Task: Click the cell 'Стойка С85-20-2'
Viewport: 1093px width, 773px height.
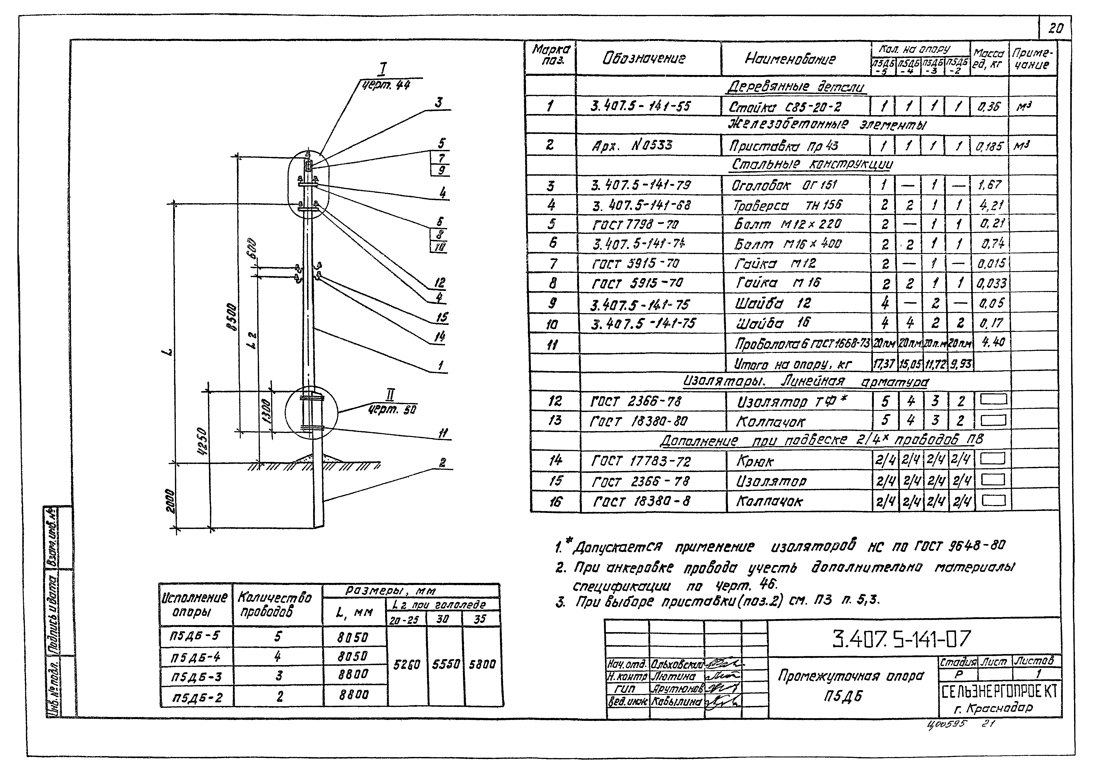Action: point(784,107)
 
